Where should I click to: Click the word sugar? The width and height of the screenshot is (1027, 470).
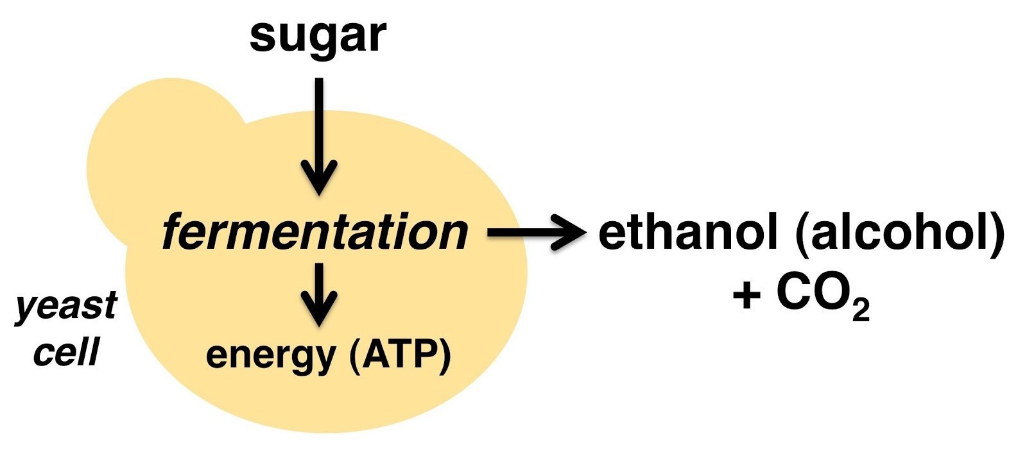[x=318, y=37]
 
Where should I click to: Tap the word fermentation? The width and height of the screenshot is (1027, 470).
[x=315, y=233]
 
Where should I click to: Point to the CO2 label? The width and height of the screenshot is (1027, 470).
[x=823, y=296]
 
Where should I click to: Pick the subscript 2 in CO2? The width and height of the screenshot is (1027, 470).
[x=861, y=309]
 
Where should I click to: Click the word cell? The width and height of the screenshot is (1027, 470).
[x=67, y=352]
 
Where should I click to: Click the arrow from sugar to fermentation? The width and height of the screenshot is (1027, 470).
[x=319, y=137]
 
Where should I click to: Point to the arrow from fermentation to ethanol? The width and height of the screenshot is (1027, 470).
[x=537, y=232]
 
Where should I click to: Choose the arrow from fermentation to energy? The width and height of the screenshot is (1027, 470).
[x=319, y=294]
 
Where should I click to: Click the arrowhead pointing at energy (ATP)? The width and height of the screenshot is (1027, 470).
[x=319, y=309]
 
